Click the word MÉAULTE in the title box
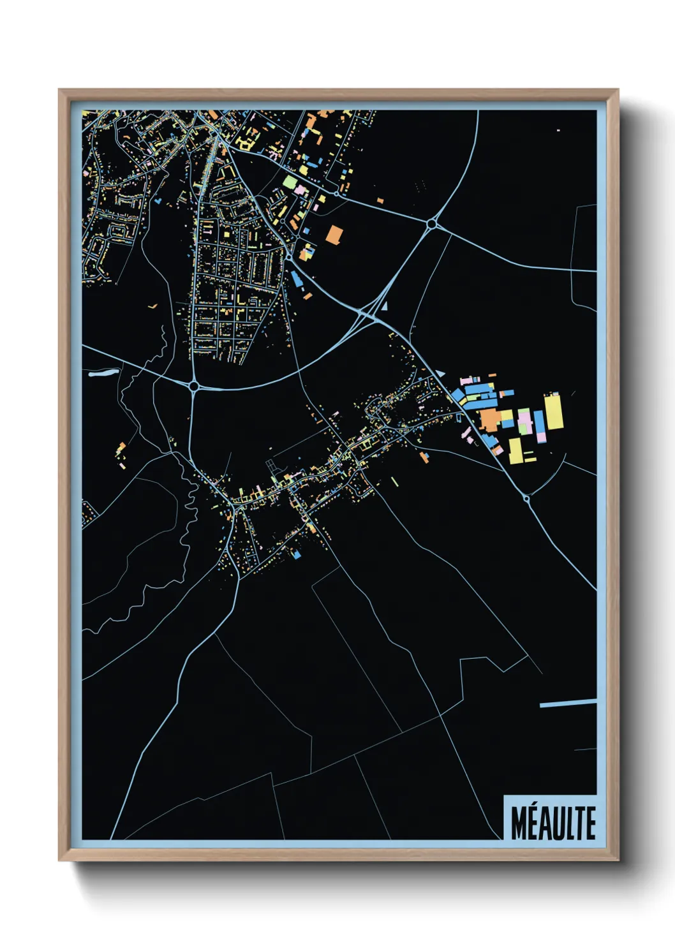tap(553, 823)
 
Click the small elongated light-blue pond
tap(104, 373)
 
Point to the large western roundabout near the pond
tap(194, 386)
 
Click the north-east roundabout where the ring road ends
tap(432, 224)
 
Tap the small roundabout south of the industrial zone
tap(526, 498)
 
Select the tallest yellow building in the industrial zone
tap(553, 412)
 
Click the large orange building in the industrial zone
tap(490, 420)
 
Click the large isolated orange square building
tap(334, 234)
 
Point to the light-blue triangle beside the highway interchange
tap(384, 306)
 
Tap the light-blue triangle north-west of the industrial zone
tap(440, 372)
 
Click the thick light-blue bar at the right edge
tap(568, 703)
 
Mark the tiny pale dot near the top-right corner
tap(558, 130)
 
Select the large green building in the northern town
tap(290, 182)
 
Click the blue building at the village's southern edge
tap(297, 555)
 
